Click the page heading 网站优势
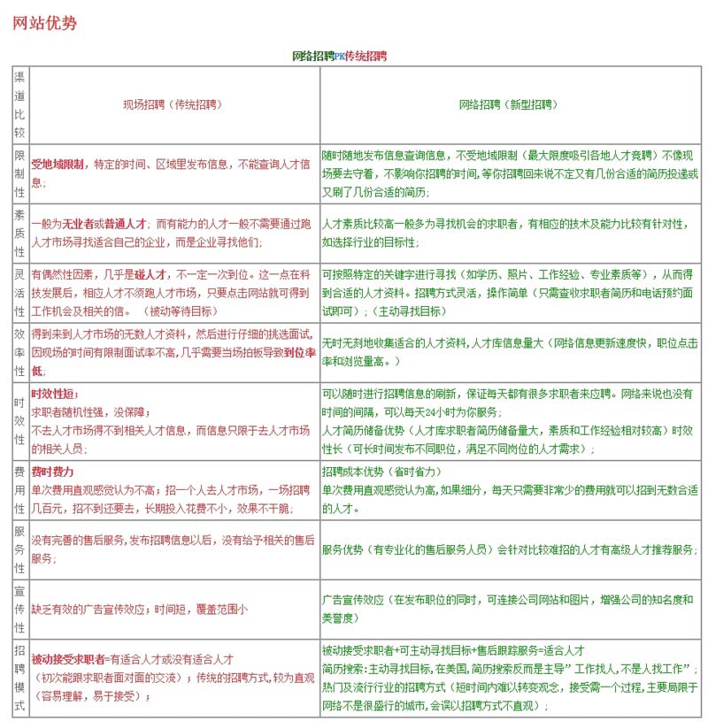click(x=45, y=24)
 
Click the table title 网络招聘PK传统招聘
click(x=339, y=56)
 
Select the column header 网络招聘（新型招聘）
click(x=507, y=104)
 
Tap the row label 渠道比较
click(x=19, y=104)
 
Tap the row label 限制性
click(x=19, y=173)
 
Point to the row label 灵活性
click(x=19, y=290)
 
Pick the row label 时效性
click(x=19, y=421)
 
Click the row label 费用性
click(x=19, y=489)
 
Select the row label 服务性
click(x=19, y=549)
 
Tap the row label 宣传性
click(x=19, y=609)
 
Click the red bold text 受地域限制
click(x=58, y=165)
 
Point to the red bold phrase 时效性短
click(x=55, y=394)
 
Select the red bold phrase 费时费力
click(x=53, y=472)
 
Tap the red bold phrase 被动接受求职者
click(x=67, y=659)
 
